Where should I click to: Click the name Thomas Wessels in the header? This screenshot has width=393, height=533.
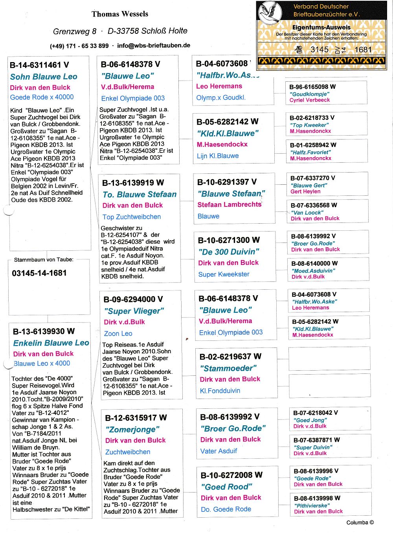120,14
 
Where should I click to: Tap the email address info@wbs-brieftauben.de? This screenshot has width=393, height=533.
154,46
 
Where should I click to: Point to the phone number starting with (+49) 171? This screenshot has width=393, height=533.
79,46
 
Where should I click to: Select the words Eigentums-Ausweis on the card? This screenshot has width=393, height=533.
321,28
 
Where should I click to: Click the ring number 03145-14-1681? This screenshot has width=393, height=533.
39,273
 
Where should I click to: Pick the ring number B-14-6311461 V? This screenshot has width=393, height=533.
39,65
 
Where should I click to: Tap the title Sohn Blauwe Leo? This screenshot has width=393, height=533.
44,77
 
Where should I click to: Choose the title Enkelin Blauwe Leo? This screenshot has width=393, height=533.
51,343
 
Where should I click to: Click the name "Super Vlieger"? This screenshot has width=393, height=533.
134,311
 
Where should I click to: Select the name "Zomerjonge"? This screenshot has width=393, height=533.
132,429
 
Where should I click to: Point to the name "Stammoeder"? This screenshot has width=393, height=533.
228,368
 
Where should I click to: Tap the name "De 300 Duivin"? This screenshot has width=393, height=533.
229,252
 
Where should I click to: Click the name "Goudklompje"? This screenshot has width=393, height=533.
310,94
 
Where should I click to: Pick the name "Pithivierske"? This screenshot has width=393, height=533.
312,505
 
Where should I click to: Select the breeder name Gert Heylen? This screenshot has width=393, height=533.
305,191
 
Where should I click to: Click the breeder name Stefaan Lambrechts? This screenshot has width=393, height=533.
230,205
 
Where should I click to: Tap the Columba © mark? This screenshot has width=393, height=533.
360,522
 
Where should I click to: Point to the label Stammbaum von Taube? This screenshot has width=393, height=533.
44,260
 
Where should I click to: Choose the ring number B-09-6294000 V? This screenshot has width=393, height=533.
133,300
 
